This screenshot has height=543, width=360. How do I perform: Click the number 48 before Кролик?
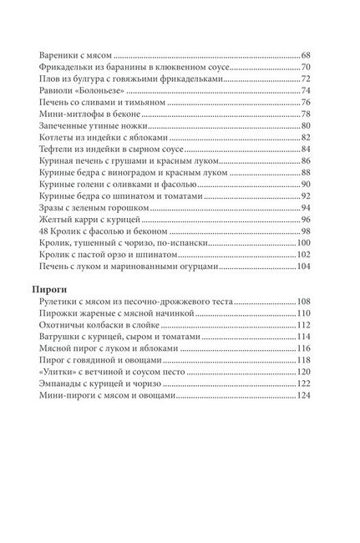coord(43,230)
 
